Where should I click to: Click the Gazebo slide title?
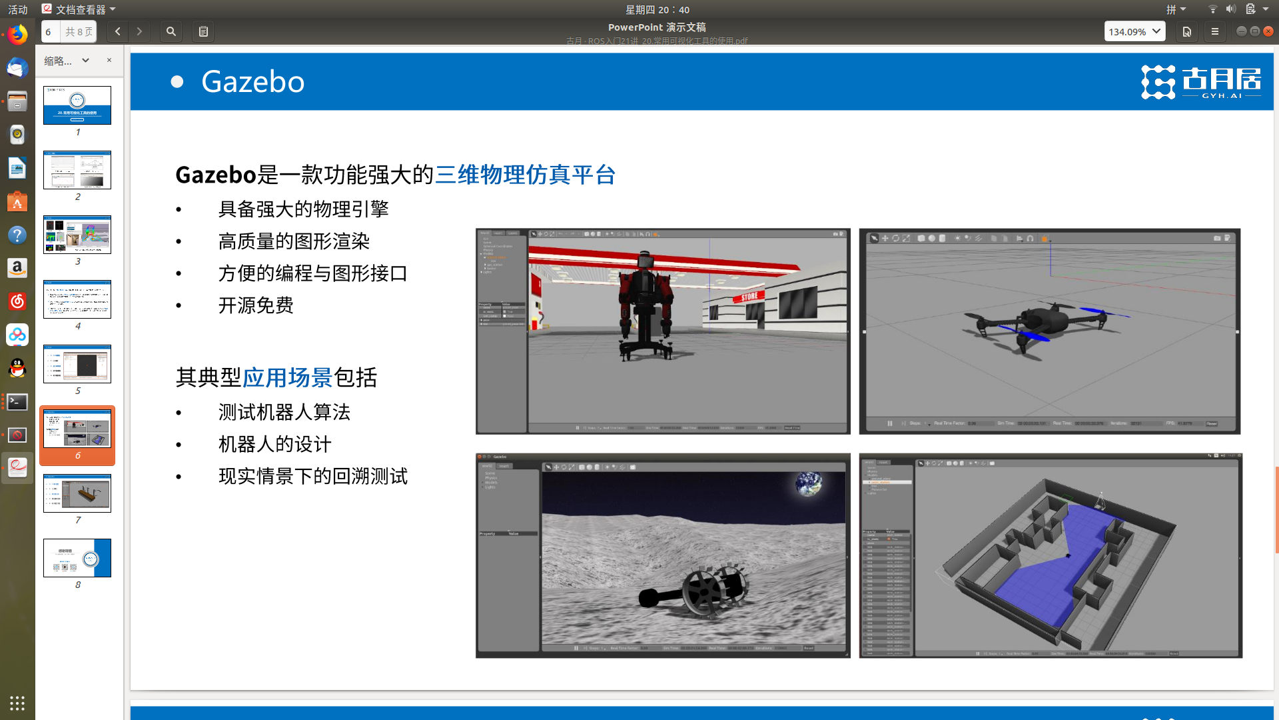point(252,82)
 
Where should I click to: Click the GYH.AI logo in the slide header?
point(1200,82)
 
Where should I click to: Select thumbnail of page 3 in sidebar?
point(77,235)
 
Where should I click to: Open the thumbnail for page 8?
point(77,558)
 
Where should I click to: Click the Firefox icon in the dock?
point(17,35)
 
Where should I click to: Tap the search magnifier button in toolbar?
point(171,31)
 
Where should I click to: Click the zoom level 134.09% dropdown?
point(1134,31)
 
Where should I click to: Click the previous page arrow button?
point(118,31)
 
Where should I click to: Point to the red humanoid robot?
point(643,303)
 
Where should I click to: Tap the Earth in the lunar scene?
point(809,484)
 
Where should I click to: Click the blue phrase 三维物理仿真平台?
point(525,175)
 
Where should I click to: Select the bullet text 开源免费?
point(256,305)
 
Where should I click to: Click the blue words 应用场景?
point(287,377)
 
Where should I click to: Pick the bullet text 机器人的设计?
point(274,444)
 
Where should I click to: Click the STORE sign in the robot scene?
point(749,297)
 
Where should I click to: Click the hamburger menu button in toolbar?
point(1214,31)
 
